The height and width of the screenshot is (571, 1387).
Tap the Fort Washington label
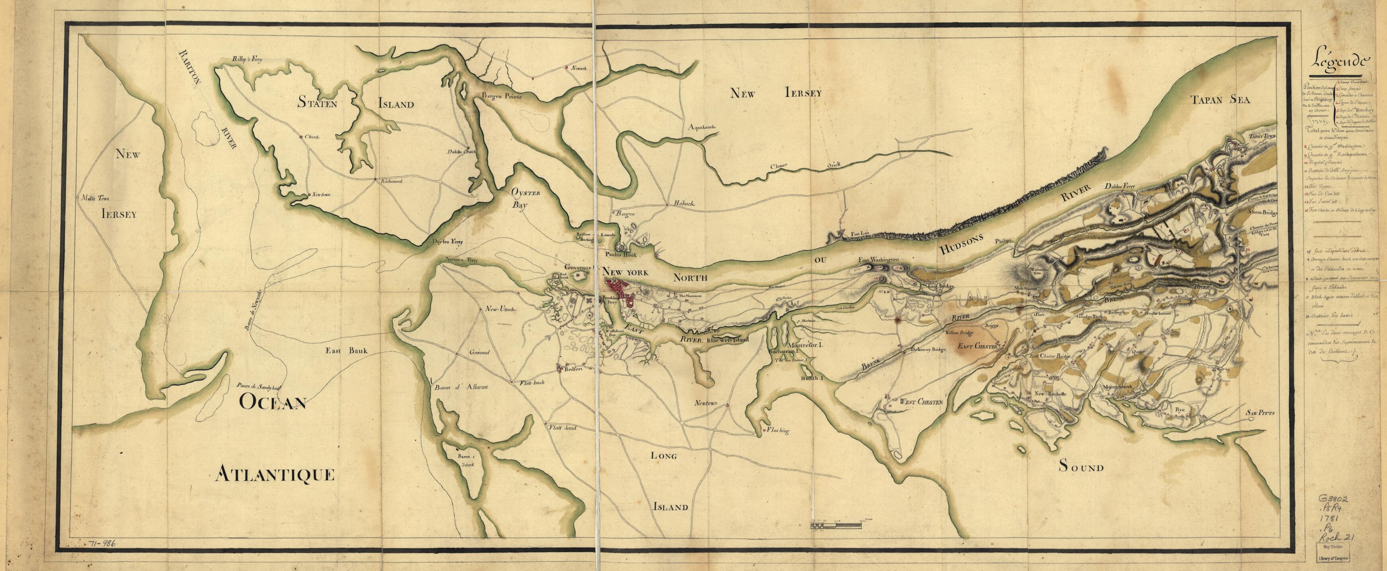click(x=879, y=260)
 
